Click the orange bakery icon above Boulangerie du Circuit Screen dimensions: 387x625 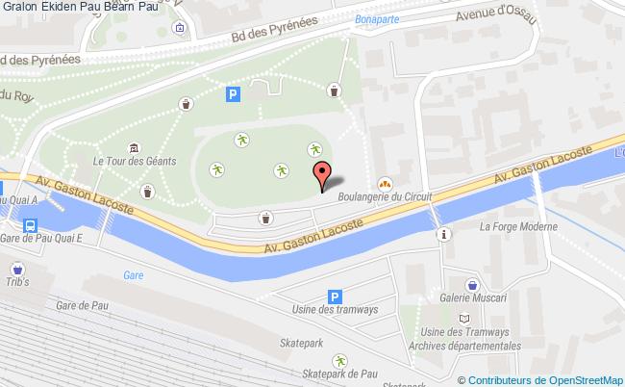[x=384, y=180]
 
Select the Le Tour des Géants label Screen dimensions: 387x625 [x=135, y=161]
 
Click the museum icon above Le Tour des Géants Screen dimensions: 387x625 [x=133, y=146]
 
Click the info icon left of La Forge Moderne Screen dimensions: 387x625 [x=442, y=234]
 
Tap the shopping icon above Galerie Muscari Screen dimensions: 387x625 [x=473, y=284]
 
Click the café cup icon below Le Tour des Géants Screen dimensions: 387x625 [x=147, y=191]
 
